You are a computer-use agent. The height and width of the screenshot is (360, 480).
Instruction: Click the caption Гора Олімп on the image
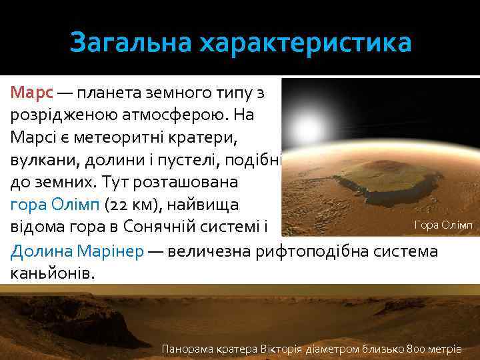pyautogui.click(x=443, y=226)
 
